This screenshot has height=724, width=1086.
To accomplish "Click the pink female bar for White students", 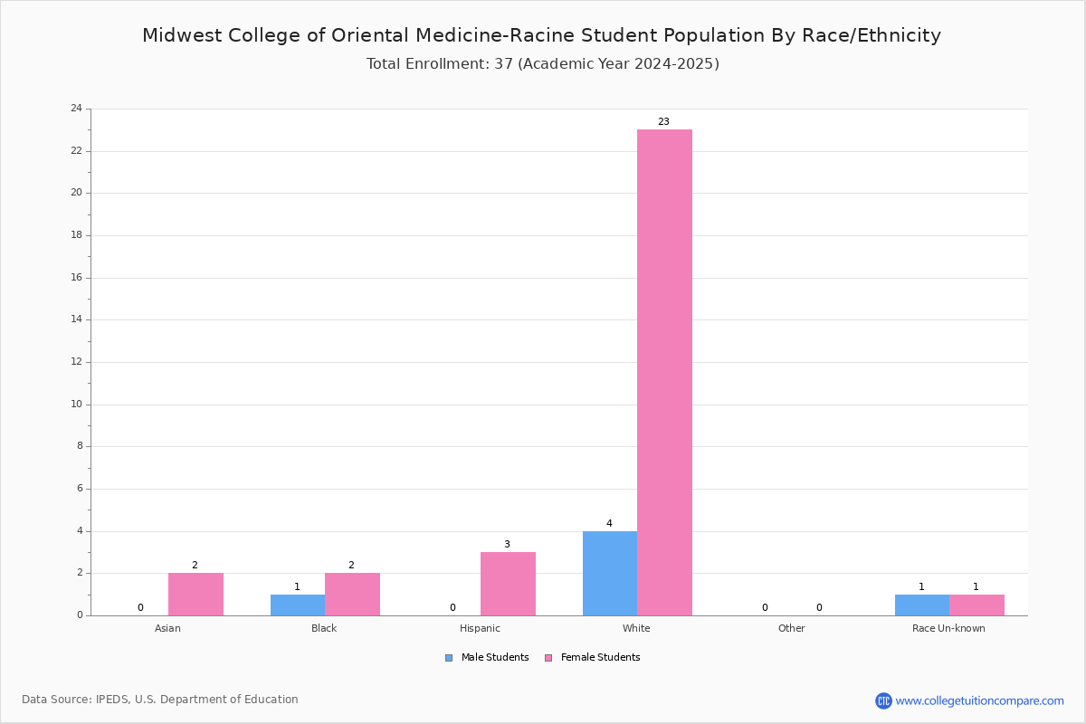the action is click(664, 373).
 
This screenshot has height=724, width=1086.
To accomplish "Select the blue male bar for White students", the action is click(610, 574).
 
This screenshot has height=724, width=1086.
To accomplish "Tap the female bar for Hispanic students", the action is click(508, 584).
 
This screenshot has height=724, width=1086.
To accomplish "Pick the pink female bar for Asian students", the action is click(195, 595).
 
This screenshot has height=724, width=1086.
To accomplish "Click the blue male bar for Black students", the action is click(298, 605).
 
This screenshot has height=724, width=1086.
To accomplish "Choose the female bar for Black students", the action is click(352, 595).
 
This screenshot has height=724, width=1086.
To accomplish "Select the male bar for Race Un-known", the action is click(922, 605).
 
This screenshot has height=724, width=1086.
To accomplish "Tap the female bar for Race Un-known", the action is click(976, 605).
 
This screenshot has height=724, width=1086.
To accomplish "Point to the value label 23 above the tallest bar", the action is click(663, 121).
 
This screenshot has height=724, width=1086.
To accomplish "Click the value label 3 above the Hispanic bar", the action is click(507, 544).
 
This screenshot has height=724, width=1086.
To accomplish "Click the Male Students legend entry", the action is click(487, 658).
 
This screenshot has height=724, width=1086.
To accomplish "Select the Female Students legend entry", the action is click(593, 658).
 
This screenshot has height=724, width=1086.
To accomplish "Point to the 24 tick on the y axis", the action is click(77, 108).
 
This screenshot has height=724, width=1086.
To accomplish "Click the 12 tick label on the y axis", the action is click(77, 362).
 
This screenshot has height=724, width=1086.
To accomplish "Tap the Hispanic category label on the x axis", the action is click(480, 628).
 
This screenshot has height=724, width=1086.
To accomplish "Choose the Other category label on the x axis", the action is click(792, 628).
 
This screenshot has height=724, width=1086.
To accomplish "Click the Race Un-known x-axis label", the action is click(948, 628).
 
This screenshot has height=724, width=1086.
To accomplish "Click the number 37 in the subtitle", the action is click(504, 64).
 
